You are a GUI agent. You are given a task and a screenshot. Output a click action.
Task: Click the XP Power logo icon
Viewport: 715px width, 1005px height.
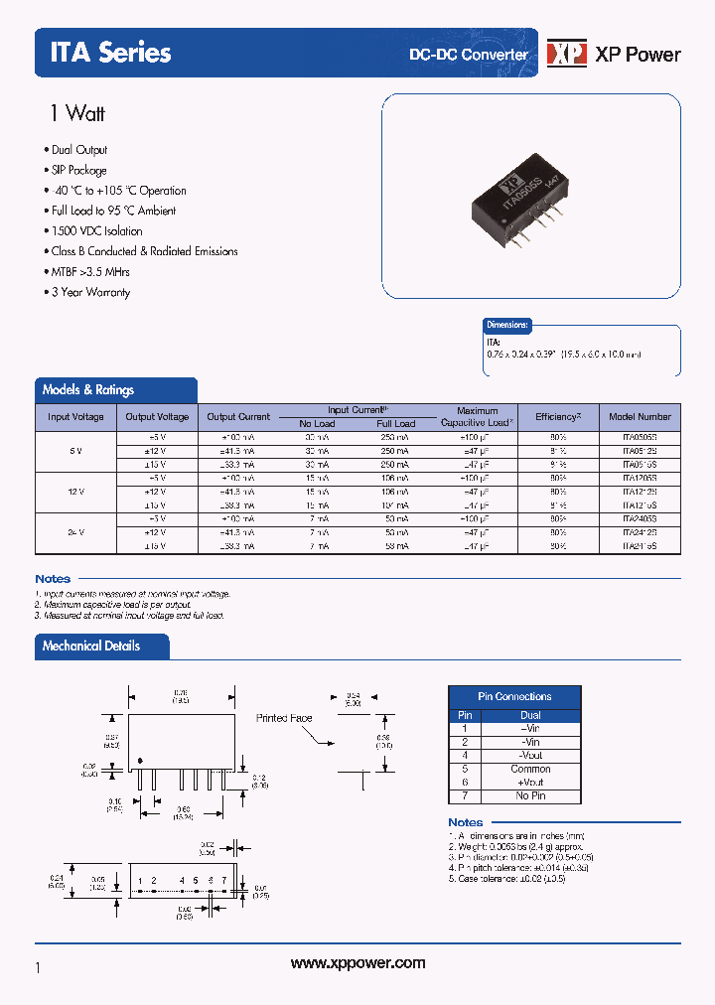point(567,54)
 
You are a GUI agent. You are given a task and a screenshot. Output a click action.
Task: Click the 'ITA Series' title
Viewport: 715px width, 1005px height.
point(110,53)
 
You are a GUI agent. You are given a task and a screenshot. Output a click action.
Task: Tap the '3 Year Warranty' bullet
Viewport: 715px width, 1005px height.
point(90,292)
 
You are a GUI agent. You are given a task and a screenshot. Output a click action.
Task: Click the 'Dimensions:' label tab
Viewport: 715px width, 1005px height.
point(507,325)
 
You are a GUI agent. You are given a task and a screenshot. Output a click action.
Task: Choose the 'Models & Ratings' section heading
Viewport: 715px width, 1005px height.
point(88,390)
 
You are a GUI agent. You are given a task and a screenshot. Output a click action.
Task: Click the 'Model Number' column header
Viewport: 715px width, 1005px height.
point(640,417)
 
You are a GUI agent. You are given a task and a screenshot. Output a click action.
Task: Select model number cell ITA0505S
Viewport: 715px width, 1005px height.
point(640,437)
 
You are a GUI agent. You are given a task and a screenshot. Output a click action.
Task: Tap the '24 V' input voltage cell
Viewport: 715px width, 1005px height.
point(75,532)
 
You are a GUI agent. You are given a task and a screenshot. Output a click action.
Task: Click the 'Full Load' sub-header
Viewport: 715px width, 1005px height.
point(396,424)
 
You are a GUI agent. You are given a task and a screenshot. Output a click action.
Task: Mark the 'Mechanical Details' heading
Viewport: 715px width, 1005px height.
point(91,646)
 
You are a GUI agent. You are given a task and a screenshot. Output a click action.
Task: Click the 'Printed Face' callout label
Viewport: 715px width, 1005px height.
point(285,717)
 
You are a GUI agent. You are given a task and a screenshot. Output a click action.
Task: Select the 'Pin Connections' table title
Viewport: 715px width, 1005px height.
point(514,696)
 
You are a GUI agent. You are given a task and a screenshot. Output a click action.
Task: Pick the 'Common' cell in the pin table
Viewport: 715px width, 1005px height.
point(530,769)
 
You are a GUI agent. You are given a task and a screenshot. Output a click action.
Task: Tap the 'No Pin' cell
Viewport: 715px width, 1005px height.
point(530,795)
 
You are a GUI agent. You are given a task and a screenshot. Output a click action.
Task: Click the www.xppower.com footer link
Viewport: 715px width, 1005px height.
point(357,963)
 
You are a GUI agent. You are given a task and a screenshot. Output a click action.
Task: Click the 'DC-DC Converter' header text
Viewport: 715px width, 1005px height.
point(469,54)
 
